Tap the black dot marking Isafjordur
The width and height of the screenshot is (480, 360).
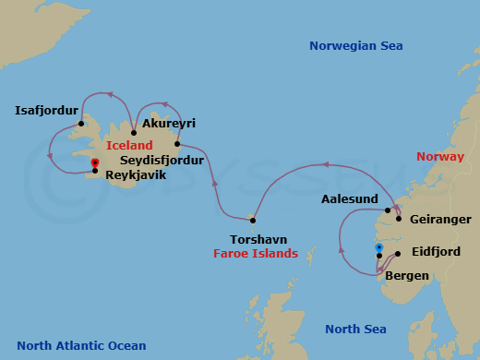[81, 123]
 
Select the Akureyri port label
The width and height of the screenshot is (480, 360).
[169, 123]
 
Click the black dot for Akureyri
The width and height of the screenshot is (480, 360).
[134, 133]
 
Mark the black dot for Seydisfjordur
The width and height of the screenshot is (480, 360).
[175, 144]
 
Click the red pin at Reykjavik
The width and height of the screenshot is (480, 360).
[94, 164]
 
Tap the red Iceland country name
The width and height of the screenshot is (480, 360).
[129, 145]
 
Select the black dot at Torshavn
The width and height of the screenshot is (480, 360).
[251, 220]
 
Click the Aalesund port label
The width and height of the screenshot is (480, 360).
[349, 199]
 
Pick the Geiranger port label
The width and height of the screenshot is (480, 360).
[439, 220]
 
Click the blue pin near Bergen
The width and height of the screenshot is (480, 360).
[378, 248]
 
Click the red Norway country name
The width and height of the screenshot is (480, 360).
[439, 157]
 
